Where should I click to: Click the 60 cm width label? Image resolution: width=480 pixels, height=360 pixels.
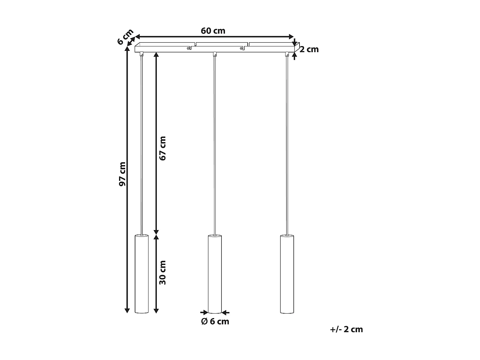coord(213,31)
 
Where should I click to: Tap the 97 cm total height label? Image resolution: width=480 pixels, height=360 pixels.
coord(122,174)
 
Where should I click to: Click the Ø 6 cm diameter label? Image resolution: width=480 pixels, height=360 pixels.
coord(215,321)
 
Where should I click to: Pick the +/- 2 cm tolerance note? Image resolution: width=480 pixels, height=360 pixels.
coord(347,329)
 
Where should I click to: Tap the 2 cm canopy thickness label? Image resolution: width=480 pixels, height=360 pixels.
coord(309,49)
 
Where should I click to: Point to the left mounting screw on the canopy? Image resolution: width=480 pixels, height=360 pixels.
coord(189,48)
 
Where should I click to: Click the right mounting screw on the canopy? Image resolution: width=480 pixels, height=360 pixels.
coord(241,48)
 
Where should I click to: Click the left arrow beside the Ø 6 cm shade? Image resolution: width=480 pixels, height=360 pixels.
coord(204,312)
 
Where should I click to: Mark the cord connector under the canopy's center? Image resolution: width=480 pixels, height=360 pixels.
coord(215,54)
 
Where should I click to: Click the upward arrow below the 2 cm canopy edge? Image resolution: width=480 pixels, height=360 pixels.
coord(294,56)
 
